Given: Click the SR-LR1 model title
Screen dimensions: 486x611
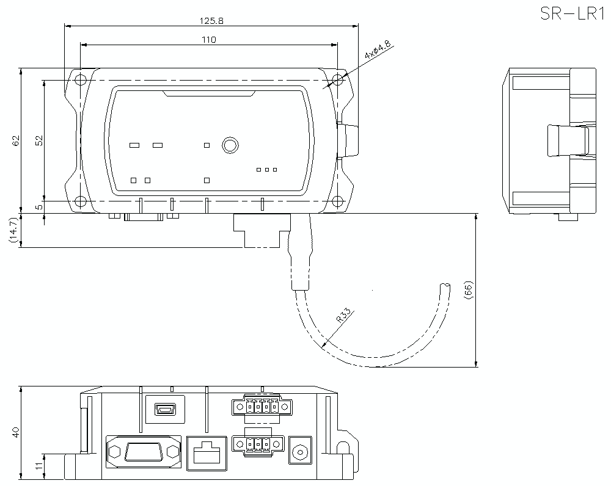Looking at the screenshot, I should pos(573,13).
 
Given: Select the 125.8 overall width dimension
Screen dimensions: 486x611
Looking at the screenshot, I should pos(211,20).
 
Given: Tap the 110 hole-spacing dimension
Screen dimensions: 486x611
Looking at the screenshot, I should pos(209,39).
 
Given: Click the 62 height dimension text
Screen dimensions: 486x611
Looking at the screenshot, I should pos(16,140).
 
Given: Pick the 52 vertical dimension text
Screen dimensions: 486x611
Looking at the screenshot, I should pos(38,140).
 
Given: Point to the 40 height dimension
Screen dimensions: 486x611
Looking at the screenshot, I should pos(16,432).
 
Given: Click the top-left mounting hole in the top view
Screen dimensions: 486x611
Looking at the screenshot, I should pos(81,79).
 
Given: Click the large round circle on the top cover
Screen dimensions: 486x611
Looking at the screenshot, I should pos(230,145).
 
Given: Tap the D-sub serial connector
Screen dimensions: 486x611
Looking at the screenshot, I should pos(144,453).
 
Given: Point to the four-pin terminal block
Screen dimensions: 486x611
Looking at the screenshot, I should pos(262,405).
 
